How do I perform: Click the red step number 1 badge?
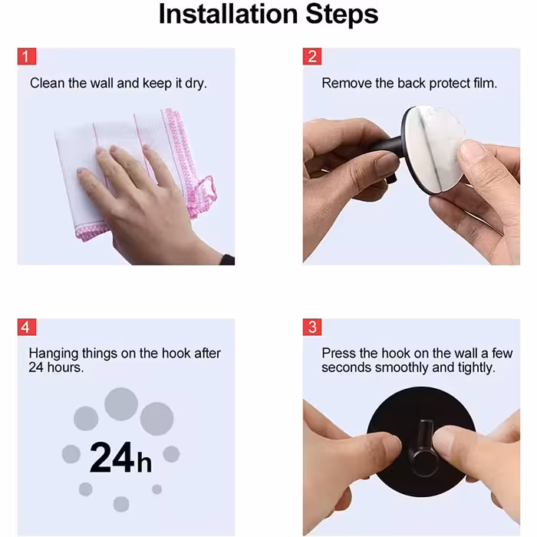click(27, 57)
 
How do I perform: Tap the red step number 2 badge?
click(312, 57)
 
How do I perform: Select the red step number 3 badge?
click(312, 327)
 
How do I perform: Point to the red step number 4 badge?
click(27, 327)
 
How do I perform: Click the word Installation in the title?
click(228, 15)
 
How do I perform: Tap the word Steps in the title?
click(342, 15)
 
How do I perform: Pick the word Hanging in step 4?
click(54, 354)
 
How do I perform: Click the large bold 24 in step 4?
click(112, 457)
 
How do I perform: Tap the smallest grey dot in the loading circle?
click(156, 489)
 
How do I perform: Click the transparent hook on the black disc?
click(423, 448)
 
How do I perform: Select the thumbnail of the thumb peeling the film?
click(472, 150)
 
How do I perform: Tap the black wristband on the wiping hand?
click(226, 259)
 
